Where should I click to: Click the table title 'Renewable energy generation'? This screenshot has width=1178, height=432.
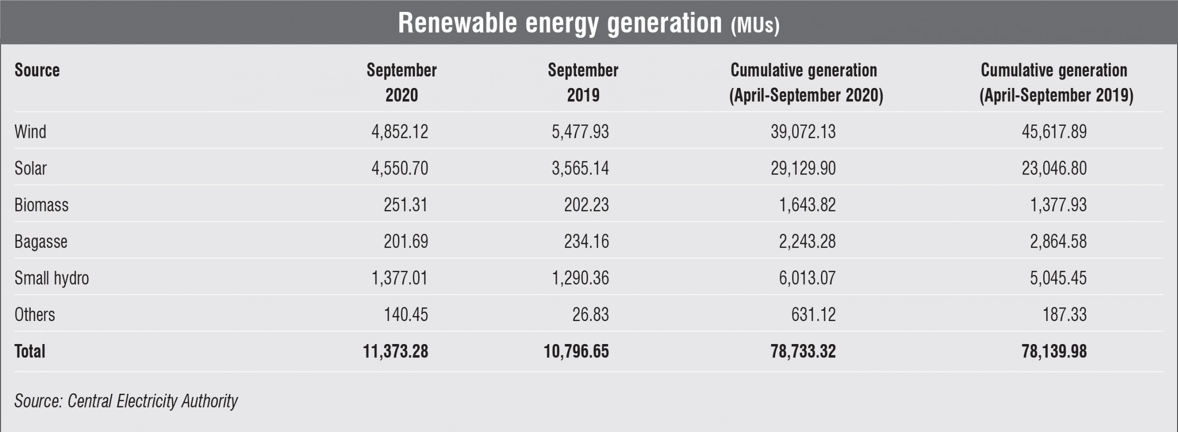tap(560, 23)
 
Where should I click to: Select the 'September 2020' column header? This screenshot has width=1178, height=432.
tap(401, 82)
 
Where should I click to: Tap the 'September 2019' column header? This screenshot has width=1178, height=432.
tap(583, 82)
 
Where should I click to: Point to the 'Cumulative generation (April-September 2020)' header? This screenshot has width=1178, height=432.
tap(806, 82)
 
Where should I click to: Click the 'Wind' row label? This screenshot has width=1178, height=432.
tap(30, 132)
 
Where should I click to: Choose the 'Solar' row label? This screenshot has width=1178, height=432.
tap(30, 169)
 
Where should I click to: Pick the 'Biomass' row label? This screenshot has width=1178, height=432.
tap(41, 205)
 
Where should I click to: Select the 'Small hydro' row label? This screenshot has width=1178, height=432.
tap(52, 278)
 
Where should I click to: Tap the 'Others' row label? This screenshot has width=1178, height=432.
tap(35, 315)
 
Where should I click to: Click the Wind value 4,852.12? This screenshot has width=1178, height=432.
tap(399, 132)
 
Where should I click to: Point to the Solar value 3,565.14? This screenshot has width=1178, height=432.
tap(580, 169)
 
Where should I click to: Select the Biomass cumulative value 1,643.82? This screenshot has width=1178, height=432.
tap(807, 205)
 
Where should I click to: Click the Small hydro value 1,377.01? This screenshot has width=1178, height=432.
tap(399, 278)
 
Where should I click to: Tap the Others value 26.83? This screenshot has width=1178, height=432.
tap(590, 315)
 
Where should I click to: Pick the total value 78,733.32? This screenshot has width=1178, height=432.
tap(803, 351)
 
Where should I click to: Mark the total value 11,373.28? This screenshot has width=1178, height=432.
tap(395, 351)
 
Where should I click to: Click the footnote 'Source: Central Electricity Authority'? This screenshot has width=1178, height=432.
tap(126, 401)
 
